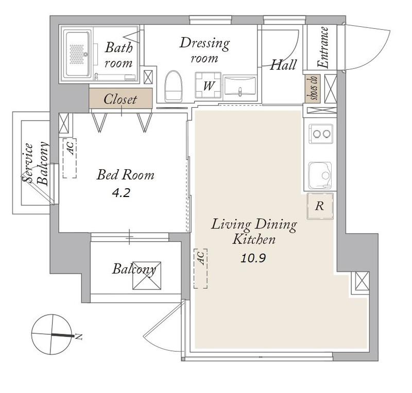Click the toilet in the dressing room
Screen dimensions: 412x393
(173, 86)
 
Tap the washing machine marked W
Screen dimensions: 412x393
(209, 85)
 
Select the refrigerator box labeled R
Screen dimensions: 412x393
(320, 206)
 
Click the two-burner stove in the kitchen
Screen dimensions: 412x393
(320, 134)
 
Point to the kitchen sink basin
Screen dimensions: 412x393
(320, 175)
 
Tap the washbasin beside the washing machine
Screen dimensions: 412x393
(239, 85)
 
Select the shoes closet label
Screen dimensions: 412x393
(313, 88)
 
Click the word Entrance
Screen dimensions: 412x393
(323, 47)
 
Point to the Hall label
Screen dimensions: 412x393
(283, 64)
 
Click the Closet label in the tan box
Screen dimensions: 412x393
(120, 99)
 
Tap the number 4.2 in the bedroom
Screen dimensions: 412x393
(121, 193)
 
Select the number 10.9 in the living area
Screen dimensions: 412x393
(253, 258)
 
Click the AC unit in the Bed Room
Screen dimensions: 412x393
(70, 158)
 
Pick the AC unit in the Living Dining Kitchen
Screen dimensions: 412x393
(201, 268)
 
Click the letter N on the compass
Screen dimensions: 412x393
(79, 336)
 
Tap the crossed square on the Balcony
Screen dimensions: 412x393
(147, 275)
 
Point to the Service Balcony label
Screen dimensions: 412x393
(35, 163)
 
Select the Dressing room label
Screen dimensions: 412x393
(204, 50)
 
